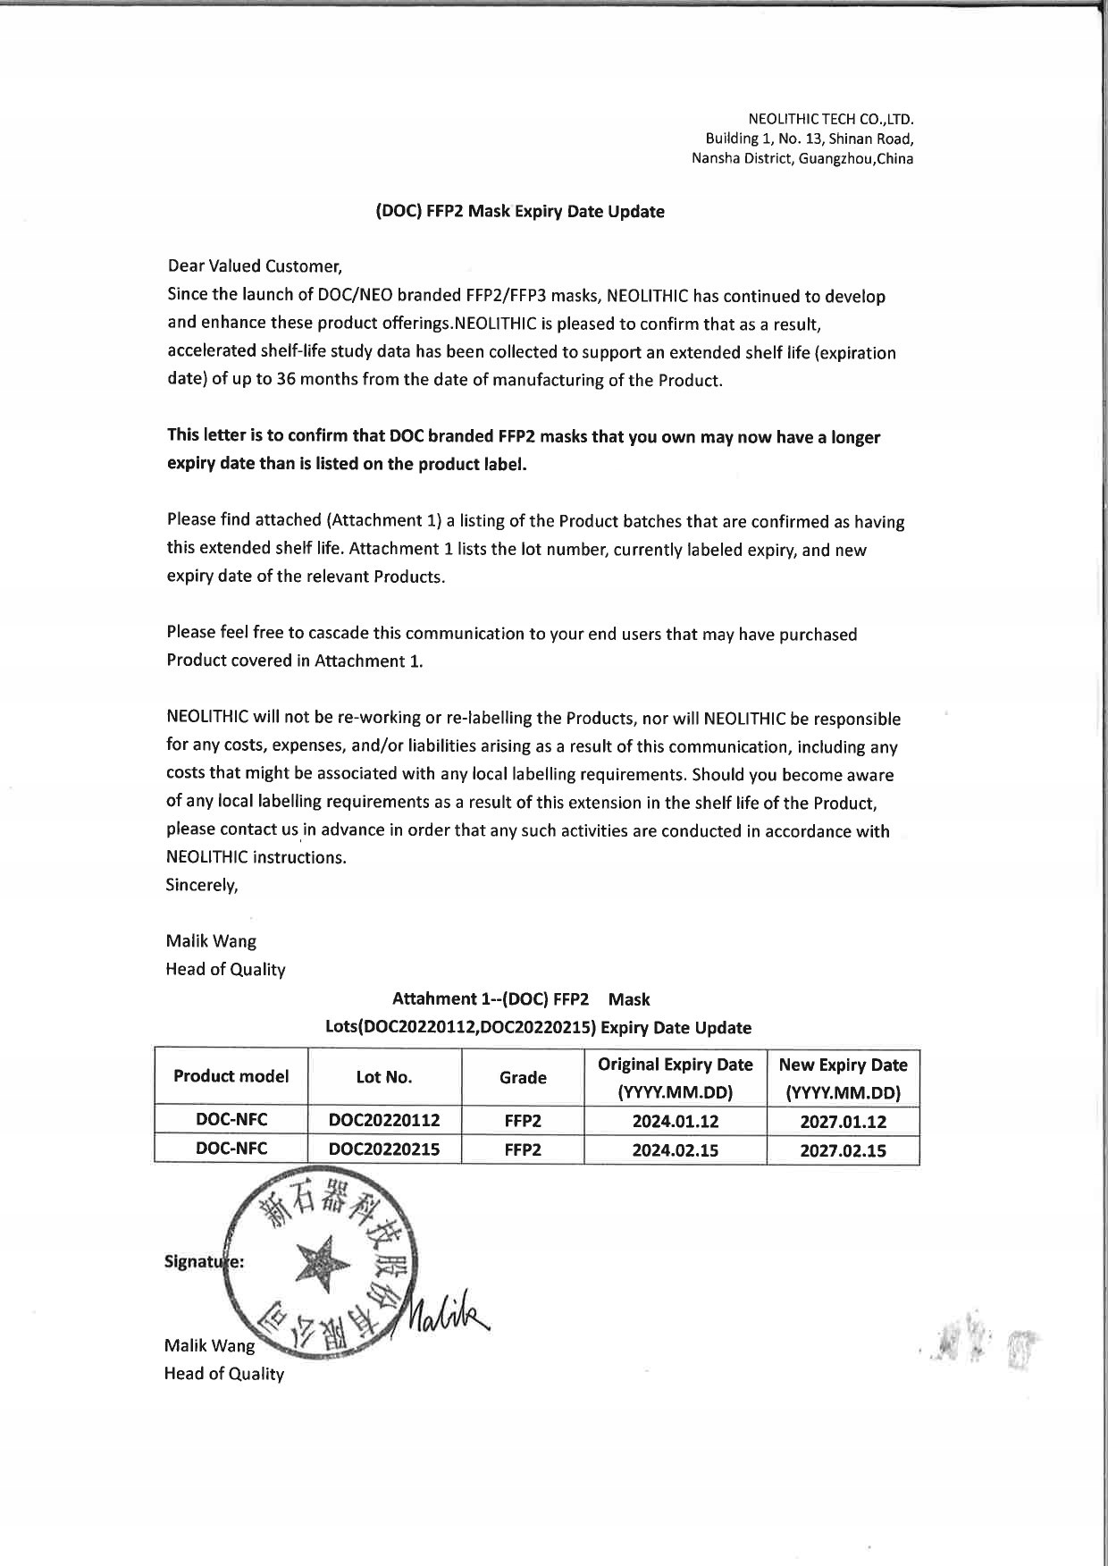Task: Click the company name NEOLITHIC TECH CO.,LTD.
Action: click(830, 119)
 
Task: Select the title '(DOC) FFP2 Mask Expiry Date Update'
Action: click(519, 212)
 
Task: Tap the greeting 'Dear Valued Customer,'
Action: click(255, 266)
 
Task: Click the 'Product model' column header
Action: click(231, 1076)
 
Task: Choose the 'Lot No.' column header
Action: click(384, 1077)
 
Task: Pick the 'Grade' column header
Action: click(523, 1077)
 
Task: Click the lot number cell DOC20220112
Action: click(384, 1120)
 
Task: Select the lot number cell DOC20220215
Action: click(384, 1149)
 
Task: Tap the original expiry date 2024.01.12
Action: click(675, 1121)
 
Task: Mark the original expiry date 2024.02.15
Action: click(675, 1150)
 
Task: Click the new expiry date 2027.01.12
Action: click(843, 1121)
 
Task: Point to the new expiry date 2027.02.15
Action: click(843, 1150)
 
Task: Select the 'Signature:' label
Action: click(205, 1262)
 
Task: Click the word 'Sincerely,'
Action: click(202, 886)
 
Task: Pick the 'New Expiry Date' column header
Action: click(843, 1065)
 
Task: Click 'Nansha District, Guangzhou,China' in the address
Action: click(802, 159)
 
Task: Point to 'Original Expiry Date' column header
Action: click(675, 1065)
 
